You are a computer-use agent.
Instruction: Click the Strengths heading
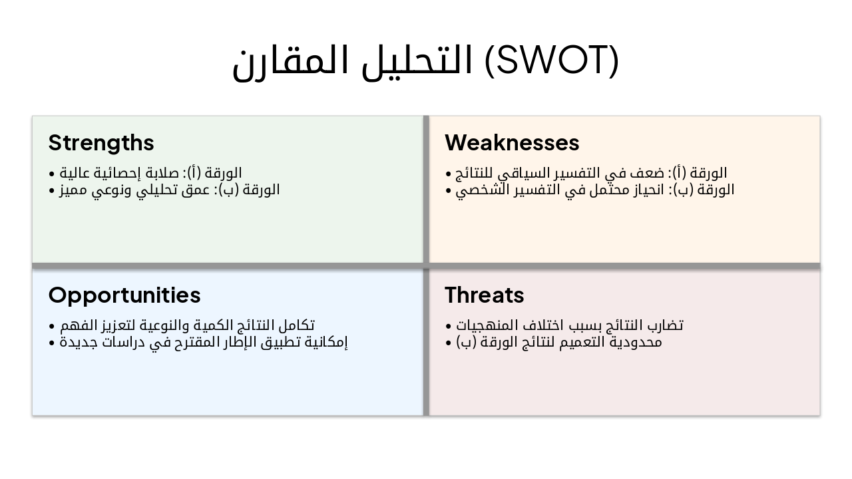101,143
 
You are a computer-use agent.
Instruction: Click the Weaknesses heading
512,143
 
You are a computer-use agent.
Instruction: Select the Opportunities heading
124,295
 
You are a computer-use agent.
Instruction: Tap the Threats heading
484,295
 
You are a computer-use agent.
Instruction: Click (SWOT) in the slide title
551,61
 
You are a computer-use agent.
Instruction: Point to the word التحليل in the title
419,61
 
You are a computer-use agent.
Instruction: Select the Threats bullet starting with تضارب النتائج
564,325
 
